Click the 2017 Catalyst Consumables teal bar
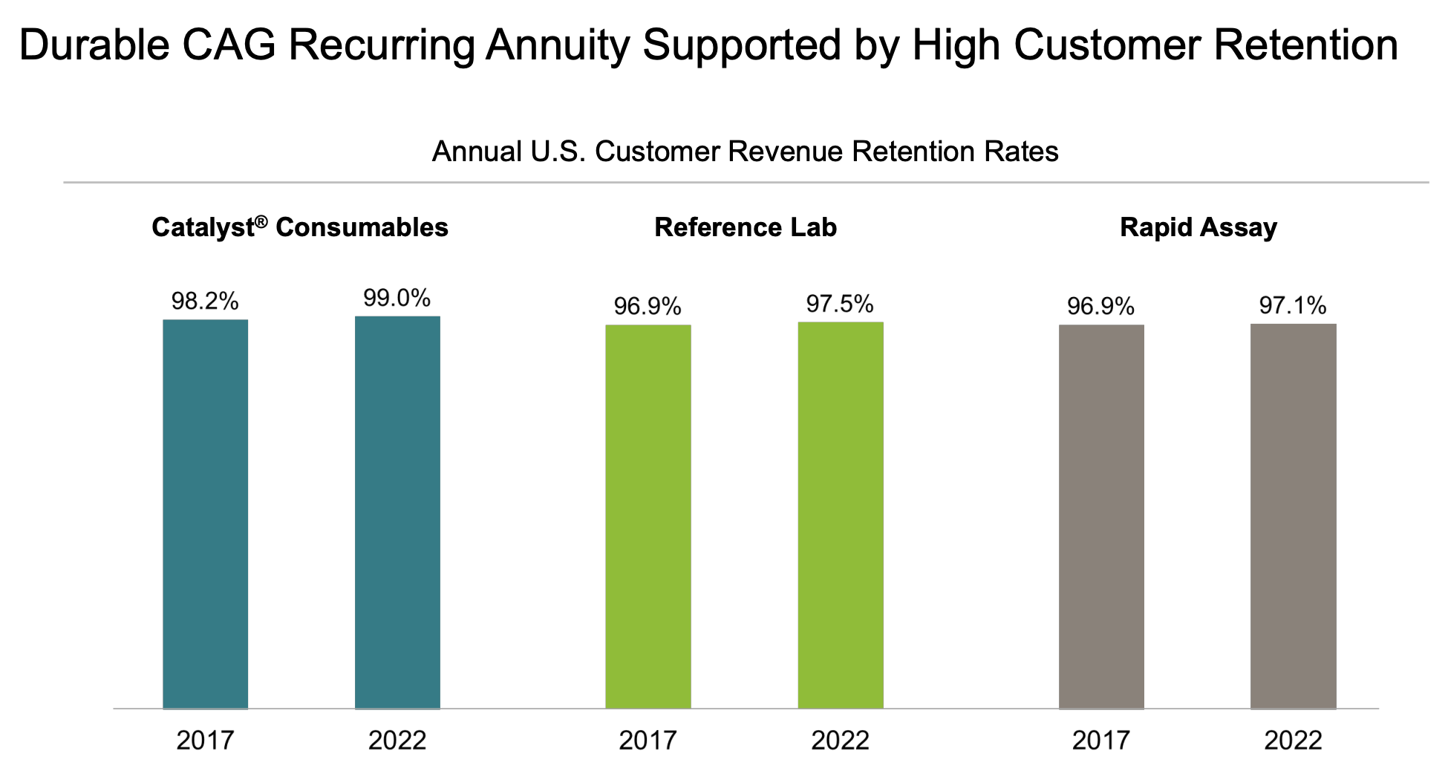[205, 514]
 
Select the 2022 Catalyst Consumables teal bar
[397, 512]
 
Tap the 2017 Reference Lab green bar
[648, 516]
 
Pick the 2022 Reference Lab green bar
[841, 515]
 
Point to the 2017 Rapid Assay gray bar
[1101, 516]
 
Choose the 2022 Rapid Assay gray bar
[1294, 515]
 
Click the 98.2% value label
[205, 301]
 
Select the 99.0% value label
[397, 298]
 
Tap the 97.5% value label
[841, 304]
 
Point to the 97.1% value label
[1294, 305]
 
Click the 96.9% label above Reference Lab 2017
[648, 306]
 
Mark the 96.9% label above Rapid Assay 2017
[1101, 306]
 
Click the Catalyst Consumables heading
[300, 227]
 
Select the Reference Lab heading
[746, 227]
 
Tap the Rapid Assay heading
[1198, 227]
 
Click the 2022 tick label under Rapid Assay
[1294, 741]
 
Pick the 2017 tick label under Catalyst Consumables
[205, 741]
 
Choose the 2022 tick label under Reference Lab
[841, 741]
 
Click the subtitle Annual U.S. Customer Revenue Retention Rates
[745, 152]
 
